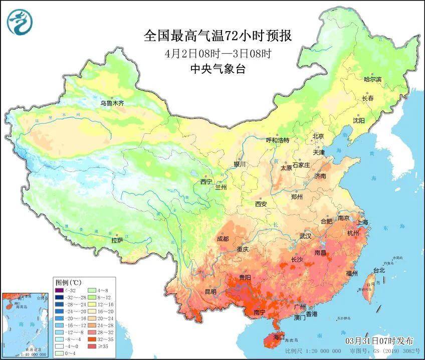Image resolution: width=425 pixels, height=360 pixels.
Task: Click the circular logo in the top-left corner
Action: pos(19,23)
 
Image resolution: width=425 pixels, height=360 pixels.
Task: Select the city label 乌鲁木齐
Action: pos(111,103)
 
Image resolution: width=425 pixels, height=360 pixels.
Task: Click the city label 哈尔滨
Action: pos(372,79)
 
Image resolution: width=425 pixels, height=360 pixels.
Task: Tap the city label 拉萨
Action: pos(117,240)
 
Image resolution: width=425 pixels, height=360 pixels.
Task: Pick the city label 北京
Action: pos(318,136)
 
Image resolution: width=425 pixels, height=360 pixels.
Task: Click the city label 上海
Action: pos(362,221)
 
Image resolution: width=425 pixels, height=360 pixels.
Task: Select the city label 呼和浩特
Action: pos(277,140)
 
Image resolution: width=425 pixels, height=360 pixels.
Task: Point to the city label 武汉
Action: pos(305,236)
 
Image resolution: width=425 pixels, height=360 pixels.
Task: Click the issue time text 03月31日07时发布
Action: pos(375,341)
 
